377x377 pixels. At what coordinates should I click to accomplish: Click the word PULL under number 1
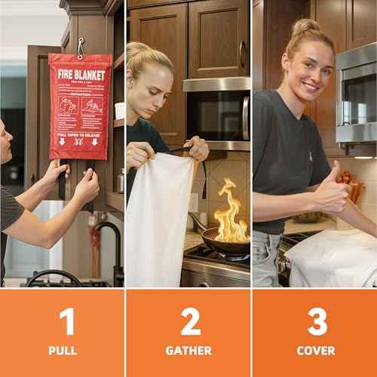tap(63, 351)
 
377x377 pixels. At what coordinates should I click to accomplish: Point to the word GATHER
tap(188, 351)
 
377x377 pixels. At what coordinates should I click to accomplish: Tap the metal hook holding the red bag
tap(80, 47)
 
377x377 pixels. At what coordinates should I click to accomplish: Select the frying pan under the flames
tap(223, 243)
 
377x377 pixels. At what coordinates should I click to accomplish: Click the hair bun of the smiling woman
tap(306, 27)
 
